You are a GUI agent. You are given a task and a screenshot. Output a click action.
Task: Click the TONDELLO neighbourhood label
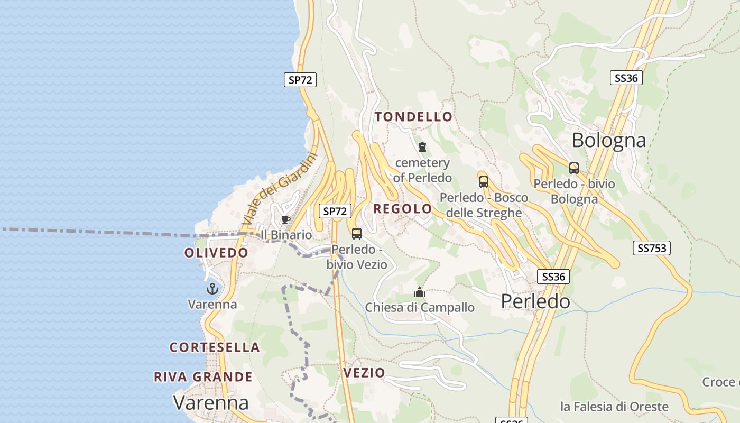coord(413,117)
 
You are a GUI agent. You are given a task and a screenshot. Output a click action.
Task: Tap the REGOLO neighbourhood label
coord(402,209)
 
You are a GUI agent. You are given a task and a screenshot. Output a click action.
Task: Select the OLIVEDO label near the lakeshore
coord(216,253)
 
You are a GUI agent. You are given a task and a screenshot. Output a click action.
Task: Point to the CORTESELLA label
coord(215,347)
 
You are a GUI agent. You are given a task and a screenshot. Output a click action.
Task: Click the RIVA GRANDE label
coord(203,377)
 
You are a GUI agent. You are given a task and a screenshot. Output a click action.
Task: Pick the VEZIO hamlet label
coord(364,373)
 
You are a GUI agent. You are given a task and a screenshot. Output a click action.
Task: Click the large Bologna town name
coord(609,140)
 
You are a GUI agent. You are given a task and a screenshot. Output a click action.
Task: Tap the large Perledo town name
coord(535,301)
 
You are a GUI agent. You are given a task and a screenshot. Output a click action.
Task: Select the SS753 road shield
coord(651,248)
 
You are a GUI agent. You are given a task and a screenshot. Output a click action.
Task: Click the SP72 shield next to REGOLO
coord(335,211)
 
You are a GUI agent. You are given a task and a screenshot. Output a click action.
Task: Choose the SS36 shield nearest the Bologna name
coord(626,78)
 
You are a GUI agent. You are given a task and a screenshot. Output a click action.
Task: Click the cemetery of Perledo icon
coord(422,147)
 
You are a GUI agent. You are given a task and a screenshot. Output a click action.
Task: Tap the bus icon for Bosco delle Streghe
coord(483,182)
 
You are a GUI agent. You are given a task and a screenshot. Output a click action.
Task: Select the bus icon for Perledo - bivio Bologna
coord(574,168)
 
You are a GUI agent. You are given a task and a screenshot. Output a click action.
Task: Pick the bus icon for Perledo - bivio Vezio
coord(357,233)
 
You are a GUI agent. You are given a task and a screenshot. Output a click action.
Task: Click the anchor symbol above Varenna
coord(212,289)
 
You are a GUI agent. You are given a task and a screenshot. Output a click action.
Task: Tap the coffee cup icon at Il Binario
coord(286,219)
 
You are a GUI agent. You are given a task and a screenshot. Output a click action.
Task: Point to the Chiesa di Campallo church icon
coord(420,292)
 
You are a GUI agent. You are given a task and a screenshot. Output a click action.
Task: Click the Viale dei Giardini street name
coord(279,189)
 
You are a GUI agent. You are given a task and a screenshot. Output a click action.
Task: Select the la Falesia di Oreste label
coord(614,407)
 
